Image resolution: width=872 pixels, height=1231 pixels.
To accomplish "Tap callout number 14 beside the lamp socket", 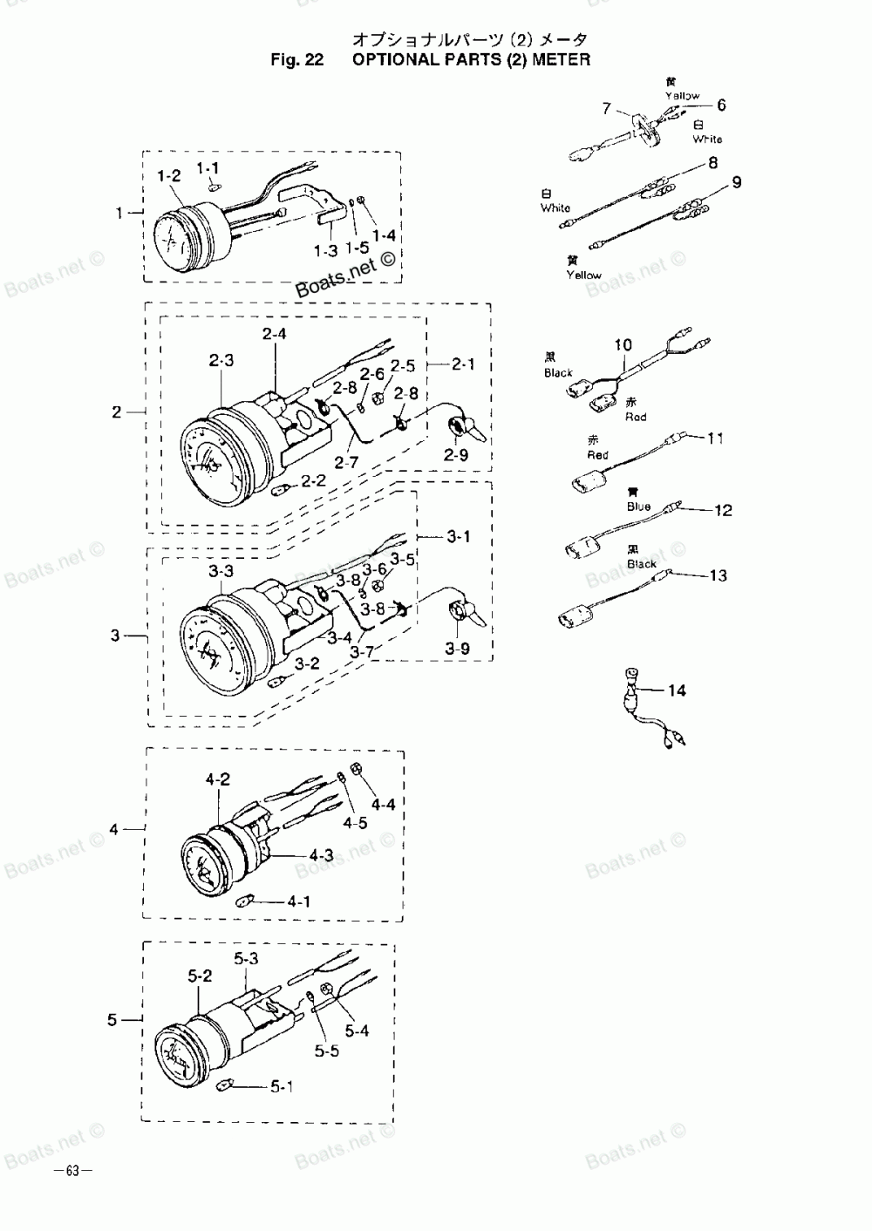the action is [x=677, y=690].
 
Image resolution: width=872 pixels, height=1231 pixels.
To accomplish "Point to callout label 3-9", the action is [x=457, y=649].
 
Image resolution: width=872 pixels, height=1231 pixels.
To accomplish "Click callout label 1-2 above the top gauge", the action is [x=168, y=176].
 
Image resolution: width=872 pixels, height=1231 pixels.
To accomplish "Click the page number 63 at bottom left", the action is [x=72, y=1171].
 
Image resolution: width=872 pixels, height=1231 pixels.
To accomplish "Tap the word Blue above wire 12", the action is [x=638, y=507].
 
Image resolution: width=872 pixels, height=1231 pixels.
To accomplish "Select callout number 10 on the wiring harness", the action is [x=623, y=344].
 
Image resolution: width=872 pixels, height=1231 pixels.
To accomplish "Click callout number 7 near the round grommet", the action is [x=605, y=108].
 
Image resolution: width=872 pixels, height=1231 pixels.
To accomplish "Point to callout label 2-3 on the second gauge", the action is [x=221, y=361].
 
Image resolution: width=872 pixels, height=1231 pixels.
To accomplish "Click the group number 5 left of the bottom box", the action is [x=112, y=1019].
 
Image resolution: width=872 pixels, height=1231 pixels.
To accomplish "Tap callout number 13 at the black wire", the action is [x=718, y=575].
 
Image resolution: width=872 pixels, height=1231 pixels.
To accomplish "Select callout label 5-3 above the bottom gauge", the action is [x=247, y=958].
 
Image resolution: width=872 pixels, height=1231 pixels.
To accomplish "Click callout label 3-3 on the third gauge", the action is [x=221, y=571].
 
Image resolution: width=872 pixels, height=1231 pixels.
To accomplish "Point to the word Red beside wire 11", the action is [x=597, y=455].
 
